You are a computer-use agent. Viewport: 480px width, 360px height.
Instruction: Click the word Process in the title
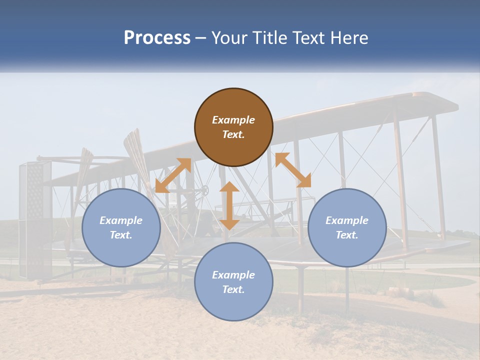(x=157, y=38)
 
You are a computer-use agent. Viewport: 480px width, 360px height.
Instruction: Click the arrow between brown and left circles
(x=173, y=175)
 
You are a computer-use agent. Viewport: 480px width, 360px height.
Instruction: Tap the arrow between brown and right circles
(x=293, y=170)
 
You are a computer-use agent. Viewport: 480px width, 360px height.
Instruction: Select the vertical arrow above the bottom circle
(x=229, y=205)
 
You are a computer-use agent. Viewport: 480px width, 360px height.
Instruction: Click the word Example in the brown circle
(x=233, y=120)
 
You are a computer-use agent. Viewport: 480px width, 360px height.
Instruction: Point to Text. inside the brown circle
(x=233, y=134)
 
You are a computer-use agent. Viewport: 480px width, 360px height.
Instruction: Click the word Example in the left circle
(x=121, y=220)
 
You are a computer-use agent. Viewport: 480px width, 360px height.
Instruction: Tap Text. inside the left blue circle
(x=121, y=235)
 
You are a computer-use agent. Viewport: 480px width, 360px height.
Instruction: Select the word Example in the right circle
(x=347, y=220)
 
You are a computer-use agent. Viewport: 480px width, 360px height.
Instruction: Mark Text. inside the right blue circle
(x=347, y=235)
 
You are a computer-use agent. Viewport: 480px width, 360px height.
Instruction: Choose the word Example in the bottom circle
(x=233, y=275)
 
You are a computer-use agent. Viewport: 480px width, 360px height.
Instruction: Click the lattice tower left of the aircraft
(x=35, y=220)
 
